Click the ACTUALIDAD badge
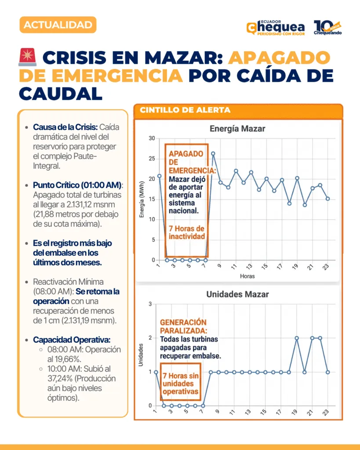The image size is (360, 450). click(x=58, y=25)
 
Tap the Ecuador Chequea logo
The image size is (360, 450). click(x=276, y=28)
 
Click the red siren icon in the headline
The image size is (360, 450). click(x=28, y=57)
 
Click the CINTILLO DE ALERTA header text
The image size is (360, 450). click(x=185, y=110)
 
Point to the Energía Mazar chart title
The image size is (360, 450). click(x=237, y=129)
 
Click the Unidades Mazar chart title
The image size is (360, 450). click(x=237, y=294)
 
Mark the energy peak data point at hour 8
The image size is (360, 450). click(x=213, y=153)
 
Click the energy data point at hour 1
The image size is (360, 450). click(x=159, y=176)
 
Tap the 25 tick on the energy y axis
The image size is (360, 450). click(x=152, y=159)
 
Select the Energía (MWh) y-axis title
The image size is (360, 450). click(x=142, y=199)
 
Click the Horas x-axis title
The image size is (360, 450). click(x=247, y=276)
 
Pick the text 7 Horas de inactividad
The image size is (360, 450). click(x=187, y=232)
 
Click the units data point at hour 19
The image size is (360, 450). click(x=297, y=338)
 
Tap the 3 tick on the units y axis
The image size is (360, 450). click(x=150, y=304)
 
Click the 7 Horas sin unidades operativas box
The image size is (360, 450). click(x=181, y=382)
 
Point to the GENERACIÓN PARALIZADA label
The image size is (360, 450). click(x=183, y=327)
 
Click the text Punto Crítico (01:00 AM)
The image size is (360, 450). click(x=77, y=185)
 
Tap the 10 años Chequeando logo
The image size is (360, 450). click(x=327, y=28)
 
